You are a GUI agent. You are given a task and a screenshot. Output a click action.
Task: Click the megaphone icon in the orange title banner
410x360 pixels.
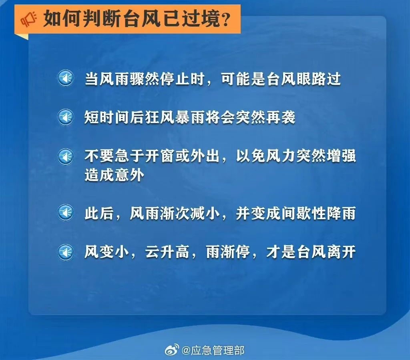pyautogui.click(x=28, y=19)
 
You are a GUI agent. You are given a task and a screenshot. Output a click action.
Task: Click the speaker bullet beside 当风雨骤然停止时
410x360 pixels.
pyautogui.click(x=65, y=78)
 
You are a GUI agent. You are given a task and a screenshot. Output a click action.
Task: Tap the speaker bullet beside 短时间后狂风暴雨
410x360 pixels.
pyautogui.click(x=65, y=117)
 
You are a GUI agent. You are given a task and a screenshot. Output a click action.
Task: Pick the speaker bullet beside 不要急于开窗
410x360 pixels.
pyautogui.click(x=65, y=156)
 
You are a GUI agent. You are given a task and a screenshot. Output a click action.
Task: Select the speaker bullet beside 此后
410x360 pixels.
pyautogui.click(x=65, y=212)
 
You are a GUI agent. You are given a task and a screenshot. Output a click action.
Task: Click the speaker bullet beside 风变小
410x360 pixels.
pyautogui.click(x=65, y=252)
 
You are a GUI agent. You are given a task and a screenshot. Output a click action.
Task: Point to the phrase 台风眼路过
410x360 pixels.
pyautogui.click(x=303, y=79)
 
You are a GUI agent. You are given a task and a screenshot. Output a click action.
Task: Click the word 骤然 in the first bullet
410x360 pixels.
pyautogui.click(x=145, y=79)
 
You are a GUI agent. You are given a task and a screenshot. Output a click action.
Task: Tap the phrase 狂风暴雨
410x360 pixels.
pyautogui.click(x=175, y=117)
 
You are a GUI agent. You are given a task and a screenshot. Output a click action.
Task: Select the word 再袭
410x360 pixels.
pyautogui.click(x=281, y=117)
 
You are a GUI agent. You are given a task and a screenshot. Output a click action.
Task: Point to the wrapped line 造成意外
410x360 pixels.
pyautogui.click(x=114, y=175)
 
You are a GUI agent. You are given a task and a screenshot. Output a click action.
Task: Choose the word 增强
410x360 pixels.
pyautogui.click(x=341, y=156)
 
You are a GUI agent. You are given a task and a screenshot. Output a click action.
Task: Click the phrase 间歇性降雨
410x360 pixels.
pyautogui.click(x=318, y=213)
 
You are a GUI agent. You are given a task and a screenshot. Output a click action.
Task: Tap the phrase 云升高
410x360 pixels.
pyautogui.click(x=167, y=252)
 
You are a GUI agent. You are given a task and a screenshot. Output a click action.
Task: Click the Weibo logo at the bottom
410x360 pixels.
pyautogui.click(x=172, y=350)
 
